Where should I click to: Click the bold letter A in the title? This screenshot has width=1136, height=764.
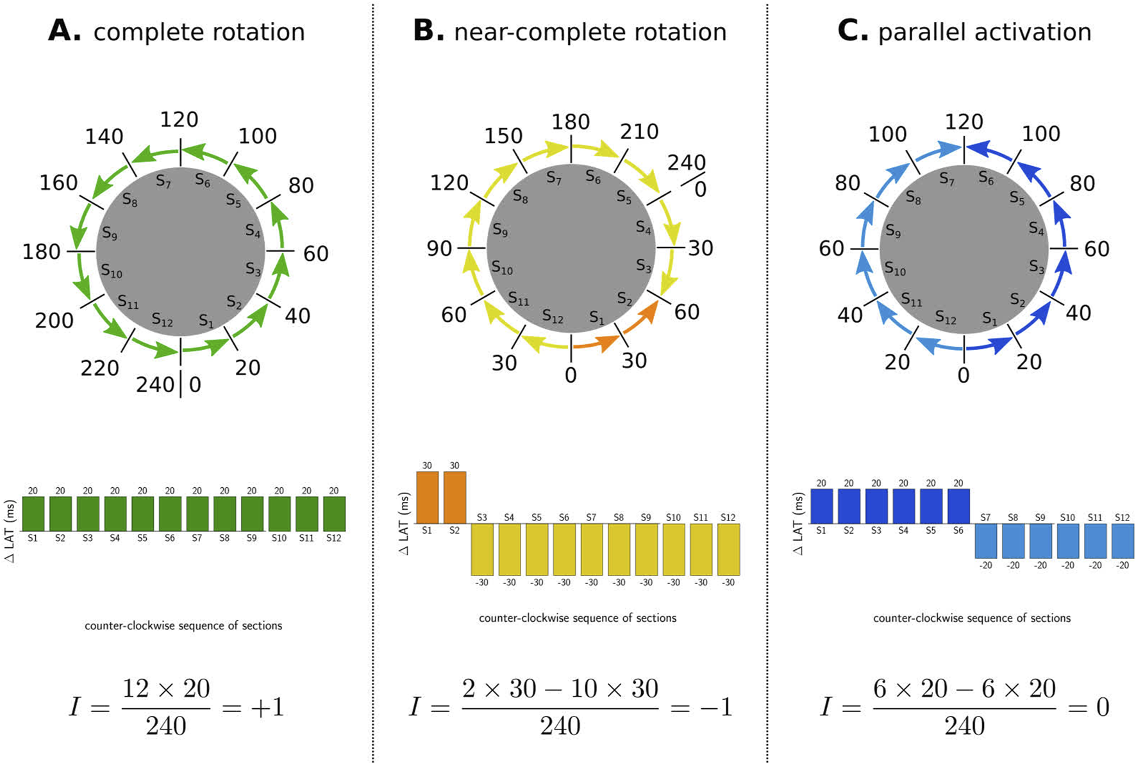64,30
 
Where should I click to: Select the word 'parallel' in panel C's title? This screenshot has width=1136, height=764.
921,31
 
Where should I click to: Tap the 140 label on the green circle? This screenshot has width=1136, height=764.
104,137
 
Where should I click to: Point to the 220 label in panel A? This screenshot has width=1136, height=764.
99,368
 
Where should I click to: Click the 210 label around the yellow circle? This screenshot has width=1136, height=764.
639,131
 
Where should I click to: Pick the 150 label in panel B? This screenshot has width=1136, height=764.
503,136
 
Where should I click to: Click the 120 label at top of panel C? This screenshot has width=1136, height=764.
964,121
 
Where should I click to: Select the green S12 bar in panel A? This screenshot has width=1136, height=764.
334,513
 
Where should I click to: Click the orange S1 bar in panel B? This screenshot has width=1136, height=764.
427,497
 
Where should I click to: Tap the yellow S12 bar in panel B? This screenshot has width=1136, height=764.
728,549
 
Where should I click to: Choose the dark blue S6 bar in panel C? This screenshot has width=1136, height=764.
958,506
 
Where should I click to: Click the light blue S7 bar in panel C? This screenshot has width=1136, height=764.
985,540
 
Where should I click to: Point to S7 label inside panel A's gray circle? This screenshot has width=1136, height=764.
164,182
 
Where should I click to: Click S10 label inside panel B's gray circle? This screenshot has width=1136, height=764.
502,268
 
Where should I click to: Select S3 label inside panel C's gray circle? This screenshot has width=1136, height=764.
1037,267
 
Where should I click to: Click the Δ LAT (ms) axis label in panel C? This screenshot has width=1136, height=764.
798,524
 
